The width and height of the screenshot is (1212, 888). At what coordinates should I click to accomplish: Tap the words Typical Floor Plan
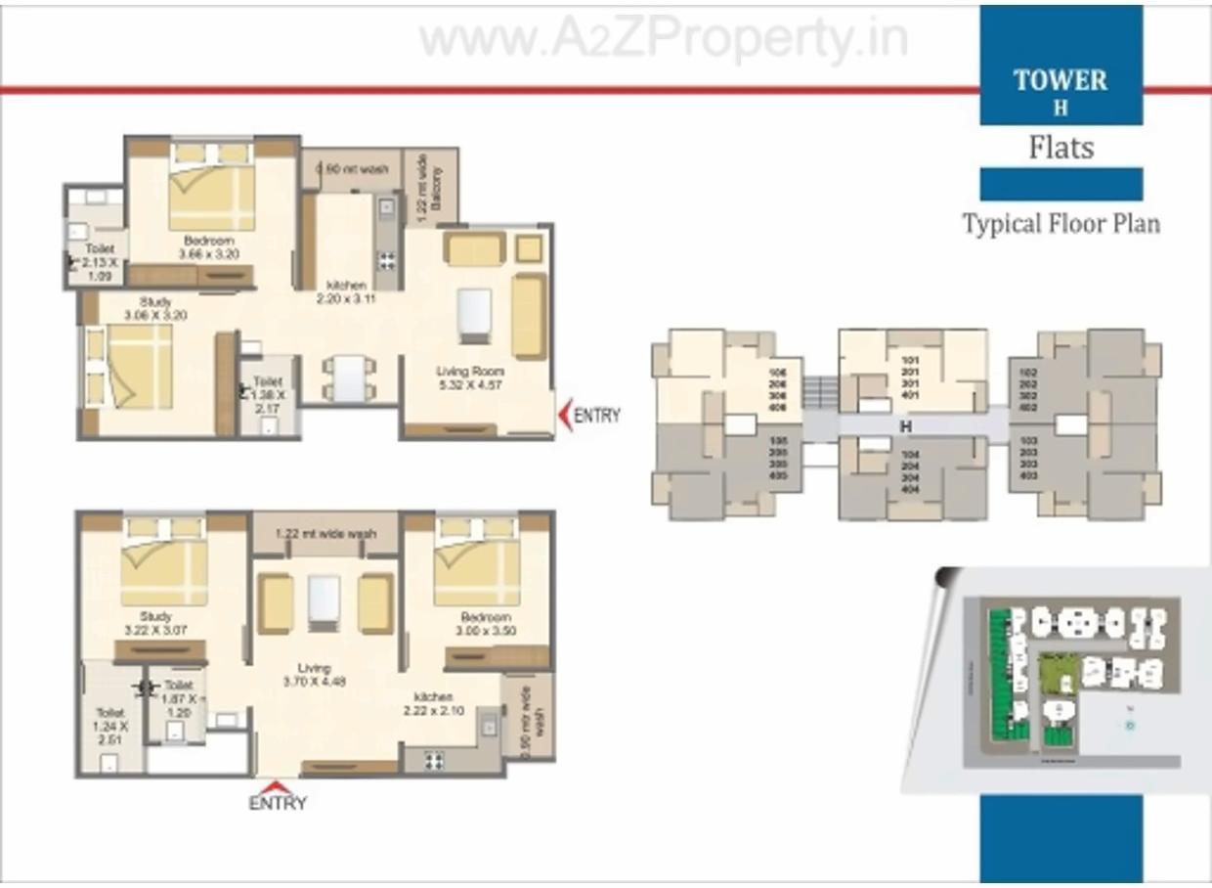point(1061,224)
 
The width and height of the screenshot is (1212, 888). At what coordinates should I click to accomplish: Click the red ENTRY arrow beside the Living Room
point(565,415)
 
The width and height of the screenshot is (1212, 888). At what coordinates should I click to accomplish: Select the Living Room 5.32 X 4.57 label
point(471,377)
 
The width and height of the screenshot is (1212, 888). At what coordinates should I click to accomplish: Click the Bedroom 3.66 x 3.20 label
point(207,247)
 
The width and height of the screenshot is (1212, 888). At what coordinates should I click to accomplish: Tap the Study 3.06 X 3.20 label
point(155,309)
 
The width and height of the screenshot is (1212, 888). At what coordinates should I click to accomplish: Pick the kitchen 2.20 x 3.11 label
point(346,292)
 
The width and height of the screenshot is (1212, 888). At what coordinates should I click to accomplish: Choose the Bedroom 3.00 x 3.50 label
point(486,624)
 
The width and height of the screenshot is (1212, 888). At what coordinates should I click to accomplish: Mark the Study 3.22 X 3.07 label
point(155,624)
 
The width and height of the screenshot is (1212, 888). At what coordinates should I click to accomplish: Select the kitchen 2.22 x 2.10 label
point(432,704)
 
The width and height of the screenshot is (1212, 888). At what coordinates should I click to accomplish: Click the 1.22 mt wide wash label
point(325,534)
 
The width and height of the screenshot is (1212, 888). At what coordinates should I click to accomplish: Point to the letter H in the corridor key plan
point(905,427)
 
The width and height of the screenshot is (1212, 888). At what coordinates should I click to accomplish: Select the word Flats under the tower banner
point(1060,148)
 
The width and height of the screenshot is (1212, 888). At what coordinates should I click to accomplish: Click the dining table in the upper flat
point(349,378)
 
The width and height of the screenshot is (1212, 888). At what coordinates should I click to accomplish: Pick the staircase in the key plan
point(820,392)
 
